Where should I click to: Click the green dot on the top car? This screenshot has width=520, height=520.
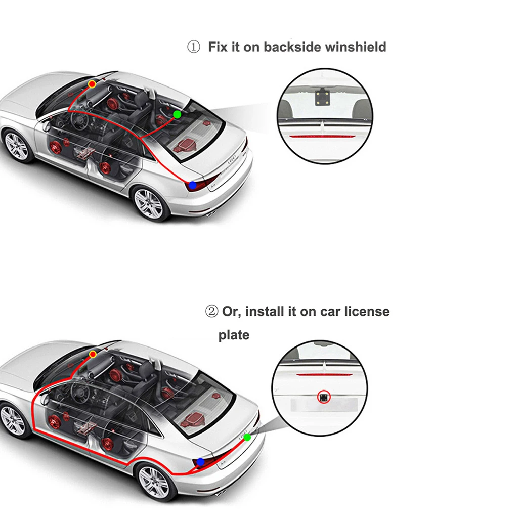177,114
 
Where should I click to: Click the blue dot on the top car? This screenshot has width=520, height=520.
193,185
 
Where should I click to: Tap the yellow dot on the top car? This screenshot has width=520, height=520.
92,84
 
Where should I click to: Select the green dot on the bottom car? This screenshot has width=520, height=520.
247,438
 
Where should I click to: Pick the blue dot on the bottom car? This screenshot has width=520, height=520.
200,462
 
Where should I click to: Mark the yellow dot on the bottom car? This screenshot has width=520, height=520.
93,354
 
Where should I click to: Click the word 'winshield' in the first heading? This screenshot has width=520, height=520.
356,47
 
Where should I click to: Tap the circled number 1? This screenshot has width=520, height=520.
194,47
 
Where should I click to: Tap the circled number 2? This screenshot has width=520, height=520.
211,312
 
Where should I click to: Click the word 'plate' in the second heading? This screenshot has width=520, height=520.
234,335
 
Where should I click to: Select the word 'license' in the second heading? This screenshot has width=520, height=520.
367,312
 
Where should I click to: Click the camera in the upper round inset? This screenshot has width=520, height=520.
322,97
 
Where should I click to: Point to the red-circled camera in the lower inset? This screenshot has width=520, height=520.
324,397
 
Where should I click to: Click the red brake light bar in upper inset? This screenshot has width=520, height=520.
320,136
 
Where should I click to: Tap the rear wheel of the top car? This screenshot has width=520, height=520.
149,204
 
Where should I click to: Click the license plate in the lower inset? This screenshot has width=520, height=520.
324,405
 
